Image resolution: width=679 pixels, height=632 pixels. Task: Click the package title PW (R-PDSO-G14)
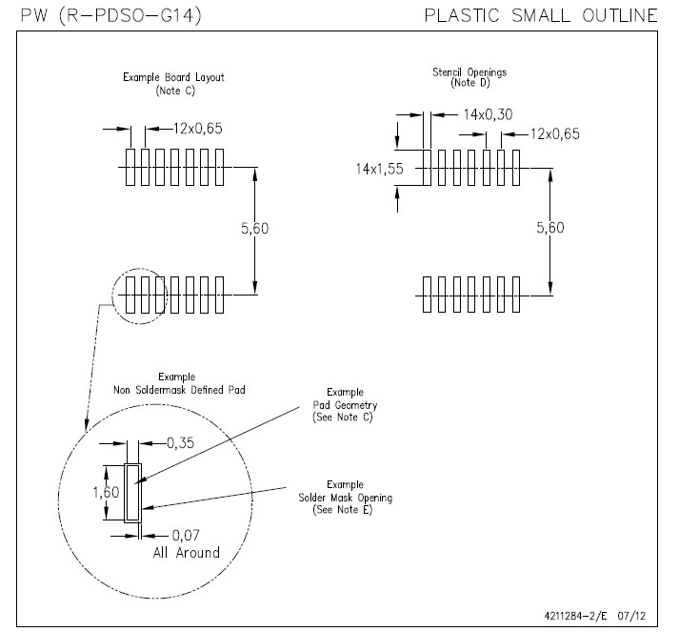click(x=111, y=15)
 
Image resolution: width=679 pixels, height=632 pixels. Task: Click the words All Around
click(x=187, y=553)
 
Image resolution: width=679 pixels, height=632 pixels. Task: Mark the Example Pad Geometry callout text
click(x=351, y=404)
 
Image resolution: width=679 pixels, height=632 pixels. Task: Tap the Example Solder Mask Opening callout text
click(x=351, y=498)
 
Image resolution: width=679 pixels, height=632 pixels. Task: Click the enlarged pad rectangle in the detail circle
click(x=132, y=493)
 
